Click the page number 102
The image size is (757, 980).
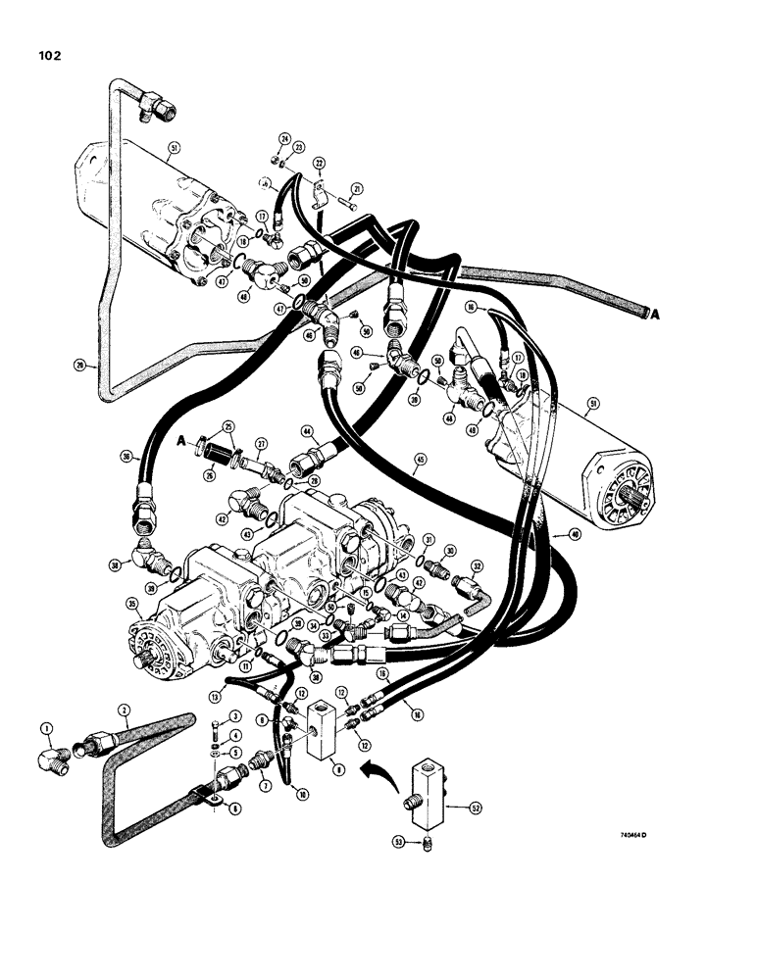pyautogui.click(x=46, y=56)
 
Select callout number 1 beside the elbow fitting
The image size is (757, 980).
pyautogui.click(x=45, y=726)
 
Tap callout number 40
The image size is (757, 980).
pyautogui.click(x=573, y=535)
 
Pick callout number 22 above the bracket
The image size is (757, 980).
pyautogui.click(x=319, y=163)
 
